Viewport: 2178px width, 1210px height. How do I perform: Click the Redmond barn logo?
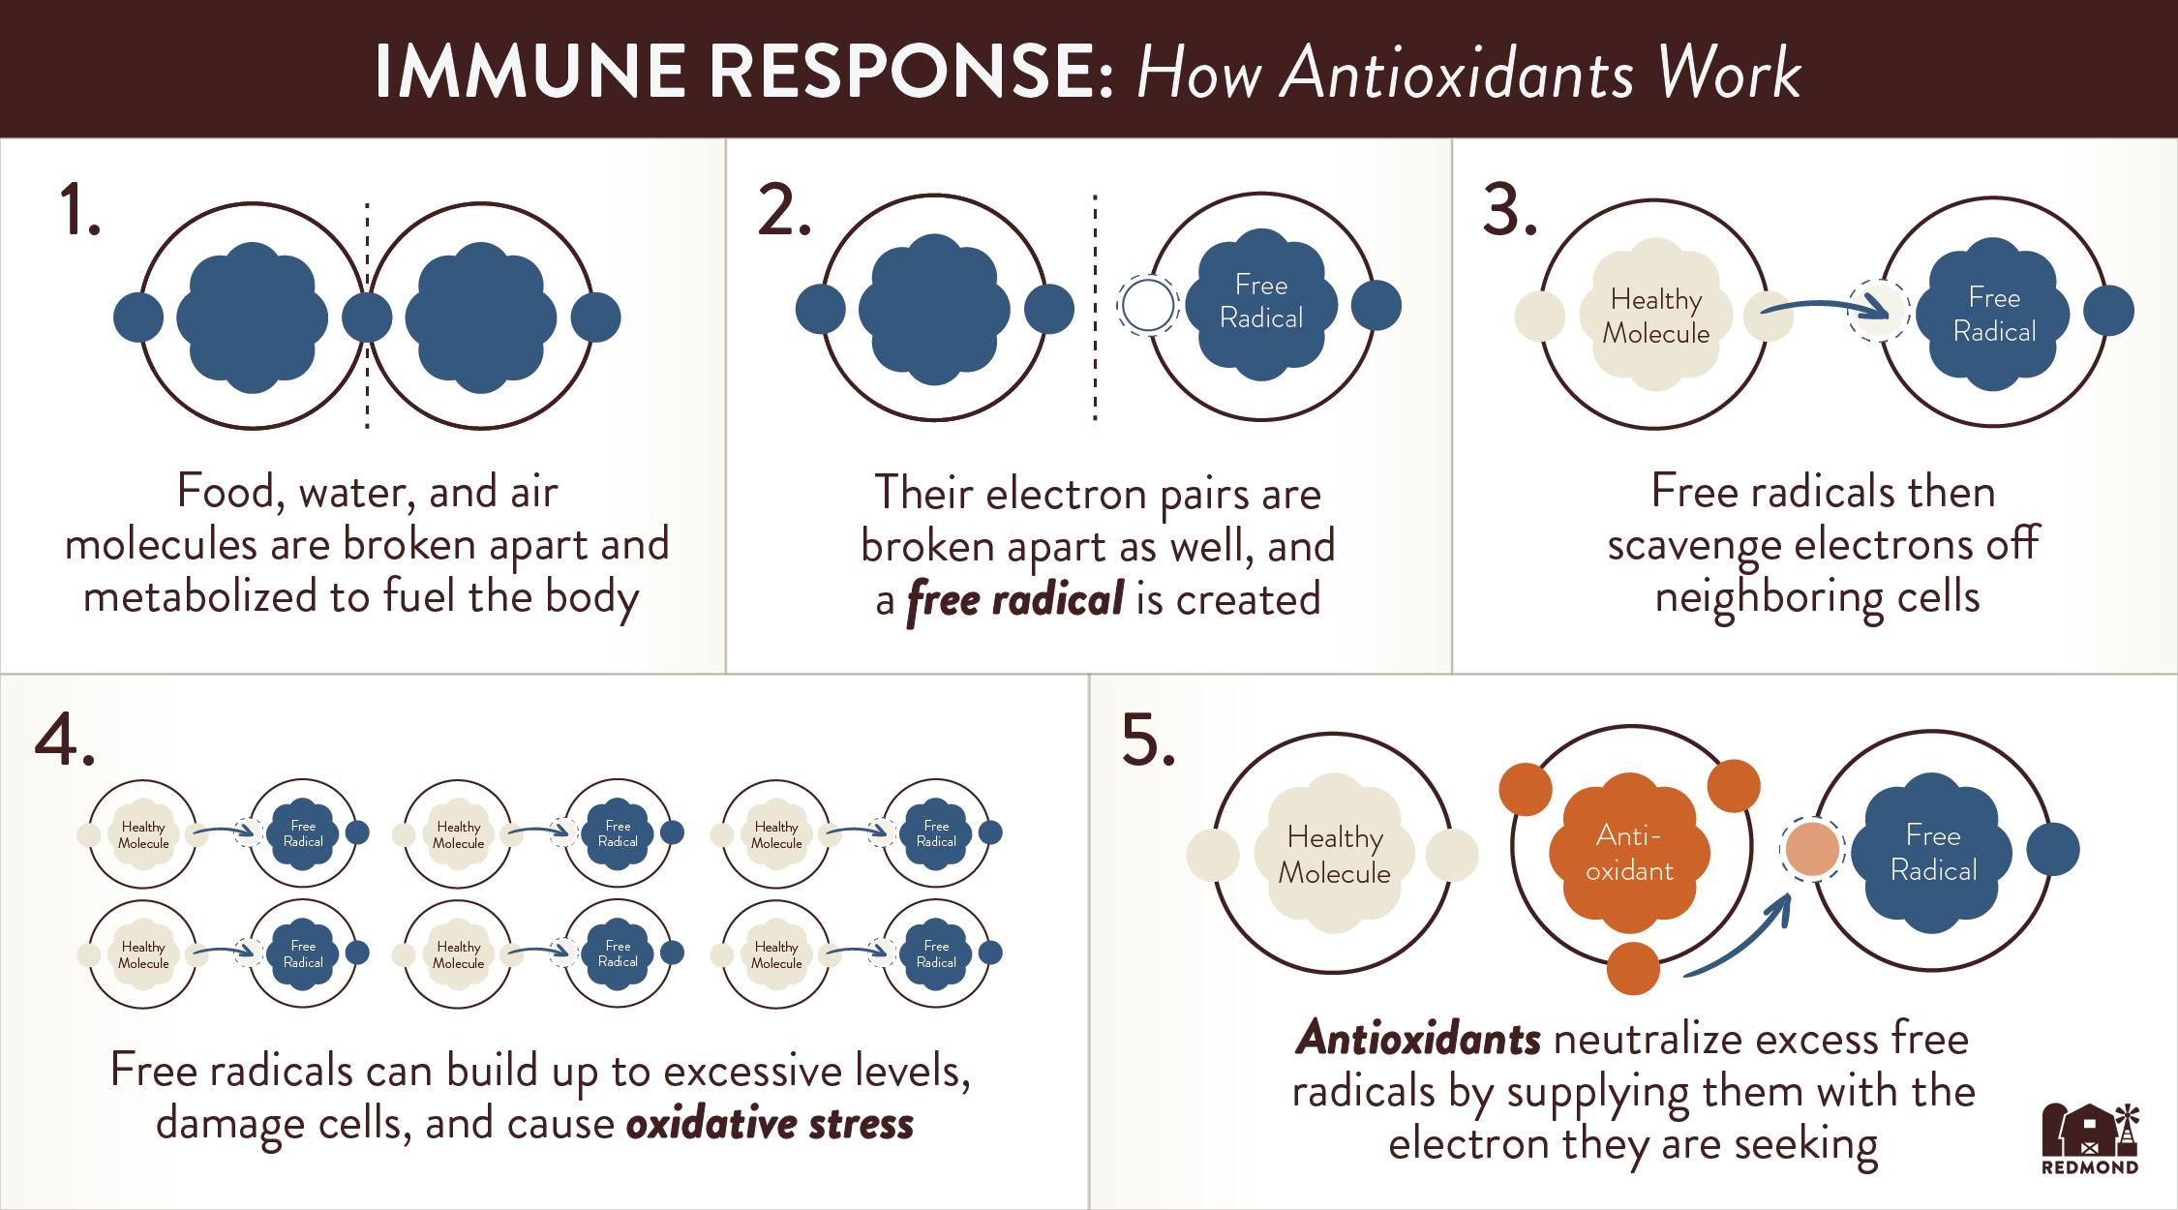tap(2090, 1137)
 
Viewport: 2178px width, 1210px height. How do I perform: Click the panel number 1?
tap(79, 210)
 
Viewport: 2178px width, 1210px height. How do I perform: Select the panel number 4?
tap(64, 741)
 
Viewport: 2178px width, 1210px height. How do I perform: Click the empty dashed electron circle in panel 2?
tap(1147, 306)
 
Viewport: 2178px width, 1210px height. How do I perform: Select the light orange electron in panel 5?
tap(1812, 849)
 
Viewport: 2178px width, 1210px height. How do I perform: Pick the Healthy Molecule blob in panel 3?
tap(1655, 316)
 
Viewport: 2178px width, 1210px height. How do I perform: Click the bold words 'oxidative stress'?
tap(770, 1124)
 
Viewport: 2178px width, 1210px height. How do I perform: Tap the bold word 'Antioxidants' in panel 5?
tap(1418, 1039)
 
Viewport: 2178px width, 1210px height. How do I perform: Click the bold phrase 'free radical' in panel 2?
tap(1015, 600)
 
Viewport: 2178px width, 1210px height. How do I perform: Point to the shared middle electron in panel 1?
tap(367, 318)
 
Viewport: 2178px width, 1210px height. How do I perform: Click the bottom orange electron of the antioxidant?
tap(1633, 968)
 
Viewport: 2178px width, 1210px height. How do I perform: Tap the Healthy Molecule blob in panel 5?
tap(1334, 854)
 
